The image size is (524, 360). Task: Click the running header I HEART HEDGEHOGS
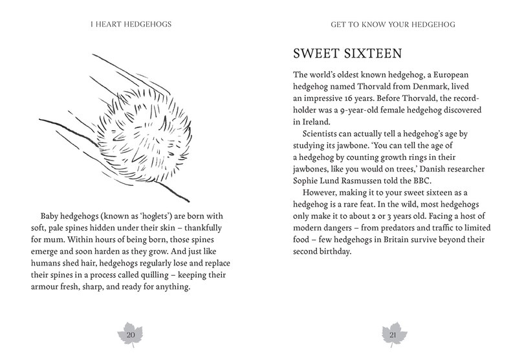coord(131,27)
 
